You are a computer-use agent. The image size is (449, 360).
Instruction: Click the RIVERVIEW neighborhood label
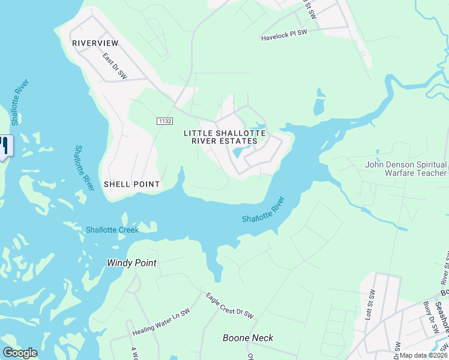[x=95, y=43]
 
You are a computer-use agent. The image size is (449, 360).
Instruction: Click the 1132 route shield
[x=165, y=121]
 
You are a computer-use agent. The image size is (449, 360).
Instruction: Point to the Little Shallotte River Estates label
[x=224, y=137]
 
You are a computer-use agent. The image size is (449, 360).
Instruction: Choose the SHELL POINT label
[x=132, y=184]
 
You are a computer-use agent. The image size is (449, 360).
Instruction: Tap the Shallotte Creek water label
[x=112, y=230]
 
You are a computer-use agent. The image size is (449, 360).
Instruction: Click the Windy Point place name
[x=131, y=263]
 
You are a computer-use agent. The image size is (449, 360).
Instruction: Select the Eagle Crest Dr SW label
[x=230, y=305]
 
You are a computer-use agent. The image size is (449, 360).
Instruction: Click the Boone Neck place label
[x=248, y=338]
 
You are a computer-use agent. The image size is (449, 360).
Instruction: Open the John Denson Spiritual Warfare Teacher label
[x=406, y=169]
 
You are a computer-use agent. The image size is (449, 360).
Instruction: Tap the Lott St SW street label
[x=371, y=305]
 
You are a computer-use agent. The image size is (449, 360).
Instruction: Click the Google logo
[x=20, y=353]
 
